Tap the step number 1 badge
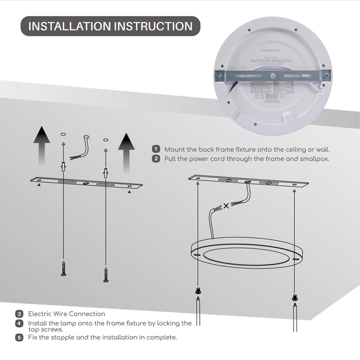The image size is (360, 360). pyautogui.click(x=156, y=149)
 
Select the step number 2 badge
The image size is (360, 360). pyautogui.click(x=156, y=158)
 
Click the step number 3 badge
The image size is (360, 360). pyautogui.click(x=19, y=314)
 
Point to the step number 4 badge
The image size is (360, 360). pyautogui.click(x=19, y=323)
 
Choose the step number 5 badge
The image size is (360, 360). pyautogui.click(x=19, y=337)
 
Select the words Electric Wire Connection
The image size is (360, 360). pyautogui.click(x=67, y=314)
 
